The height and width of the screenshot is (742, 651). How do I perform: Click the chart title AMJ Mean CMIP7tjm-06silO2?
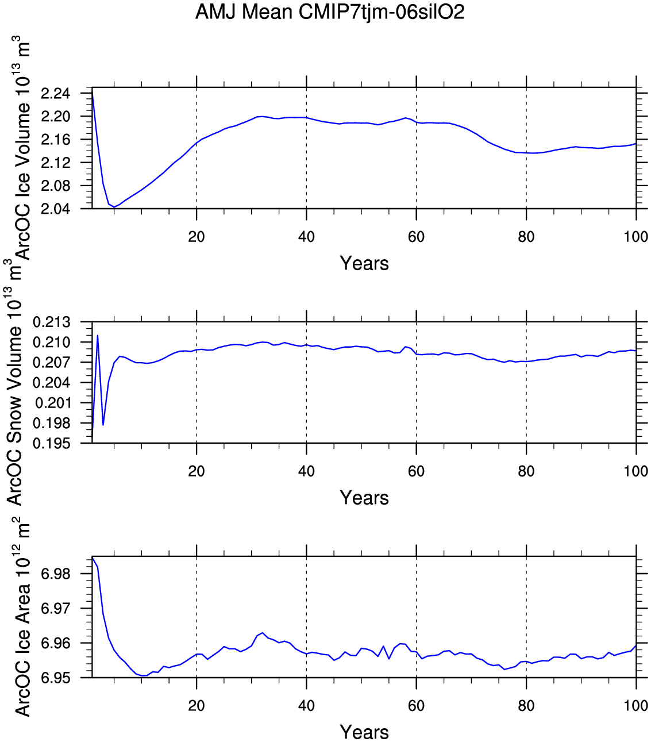click(x=329, y=12)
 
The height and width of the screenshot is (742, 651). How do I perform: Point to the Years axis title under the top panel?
click(x=364, y=263)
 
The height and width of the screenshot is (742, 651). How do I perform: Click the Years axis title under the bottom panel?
click(x=364, y=732)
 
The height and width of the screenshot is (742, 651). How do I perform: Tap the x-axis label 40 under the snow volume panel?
click(x=306, y=471)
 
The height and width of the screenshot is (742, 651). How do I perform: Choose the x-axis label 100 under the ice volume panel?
click(x=635, y=237)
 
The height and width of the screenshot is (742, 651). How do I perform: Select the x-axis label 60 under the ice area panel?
click(x=416, y=706)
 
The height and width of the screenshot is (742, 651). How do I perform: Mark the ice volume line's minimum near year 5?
click(x=114, y=207)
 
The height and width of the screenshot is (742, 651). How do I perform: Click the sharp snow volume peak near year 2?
click(x=98, y=335)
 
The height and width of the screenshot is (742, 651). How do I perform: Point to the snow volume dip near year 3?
click(x=103, y=425)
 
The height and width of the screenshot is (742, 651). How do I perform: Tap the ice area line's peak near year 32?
click(x=263, y=633)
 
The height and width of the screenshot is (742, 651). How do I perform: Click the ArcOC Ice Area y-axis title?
click(x=22, y=618)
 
